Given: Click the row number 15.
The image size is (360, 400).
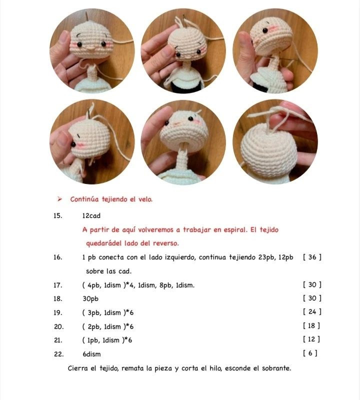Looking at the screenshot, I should click(57, 216).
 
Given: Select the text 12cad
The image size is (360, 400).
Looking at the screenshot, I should click(91, 216).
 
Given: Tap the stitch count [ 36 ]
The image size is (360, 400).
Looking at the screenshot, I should click(312, 257).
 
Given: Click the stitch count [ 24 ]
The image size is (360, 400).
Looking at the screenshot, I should click(312, 312).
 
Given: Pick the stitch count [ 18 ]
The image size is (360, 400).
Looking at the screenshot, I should click(312, 326).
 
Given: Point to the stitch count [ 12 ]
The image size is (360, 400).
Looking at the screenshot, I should click(312, 340).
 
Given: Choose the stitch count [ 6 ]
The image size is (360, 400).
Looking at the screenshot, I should click(310, 354).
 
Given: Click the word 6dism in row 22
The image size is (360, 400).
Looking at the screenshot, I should click(91, 354).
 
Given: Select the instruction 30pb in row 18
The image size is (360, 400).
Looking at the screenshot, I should click(90, 298).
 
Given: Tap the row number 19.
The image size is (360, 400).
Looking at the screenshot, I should click(57, 312).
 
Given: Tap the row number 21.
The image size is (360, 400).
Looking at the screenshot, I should click(57, 340).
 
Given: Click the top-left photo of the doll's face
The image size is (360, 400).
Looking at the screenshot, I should click(91, 50).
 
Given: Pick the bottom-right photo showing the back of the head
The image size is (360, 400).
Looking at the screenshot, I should click(275, 141).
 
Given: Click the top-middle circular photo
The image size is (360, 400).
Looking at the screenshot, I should click(183, 50).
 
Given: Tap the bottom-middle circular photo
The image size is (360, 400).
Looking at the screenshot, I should click(183, 141).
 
